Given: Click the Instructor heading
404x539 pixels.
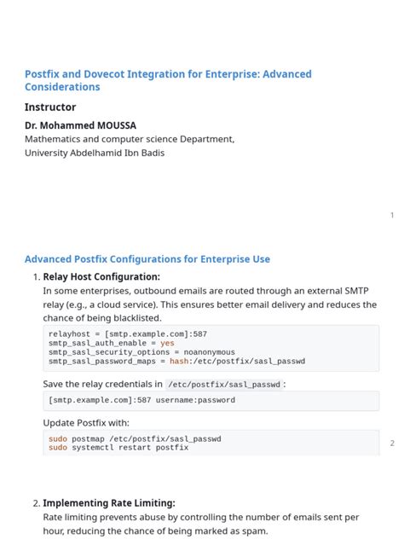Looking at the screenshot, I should [x=50, y=107].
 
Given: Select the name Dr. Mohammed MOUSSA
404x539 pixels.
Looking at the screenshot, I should [x=80, y=125].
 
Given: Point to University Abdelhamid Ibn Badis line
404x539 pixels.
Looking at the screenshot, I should [x=95, y=153].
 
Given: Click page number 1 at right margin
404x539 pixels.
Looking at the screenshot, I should [x=392, y=215].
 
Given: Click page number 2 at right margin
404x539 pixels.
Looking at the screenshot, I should [x=392, y=443].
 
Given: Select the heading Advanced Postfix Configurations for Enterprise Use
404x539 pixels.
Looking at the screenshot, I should [x=147, y=259].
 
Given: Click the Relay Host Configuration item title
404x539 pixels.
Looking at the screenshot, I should [x=101, y=276].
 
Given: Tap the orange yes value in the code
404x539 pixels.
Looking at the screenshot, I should [x=167, y=344].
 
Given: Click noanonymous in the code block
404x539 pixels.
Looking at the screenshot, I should [x=209, y=352].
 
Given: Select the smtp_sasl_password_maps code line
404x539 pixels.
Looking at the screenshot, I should [x=176, y=361].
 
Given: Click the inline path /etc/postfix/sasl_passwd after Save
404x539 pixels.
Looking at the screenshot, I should [x=225, y=385].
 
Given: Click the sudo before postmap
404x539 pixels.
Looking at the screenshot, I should [x=57, y=438].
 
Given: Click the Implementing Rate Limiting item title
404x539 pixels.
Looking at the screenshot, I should [x=109, y=503].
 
